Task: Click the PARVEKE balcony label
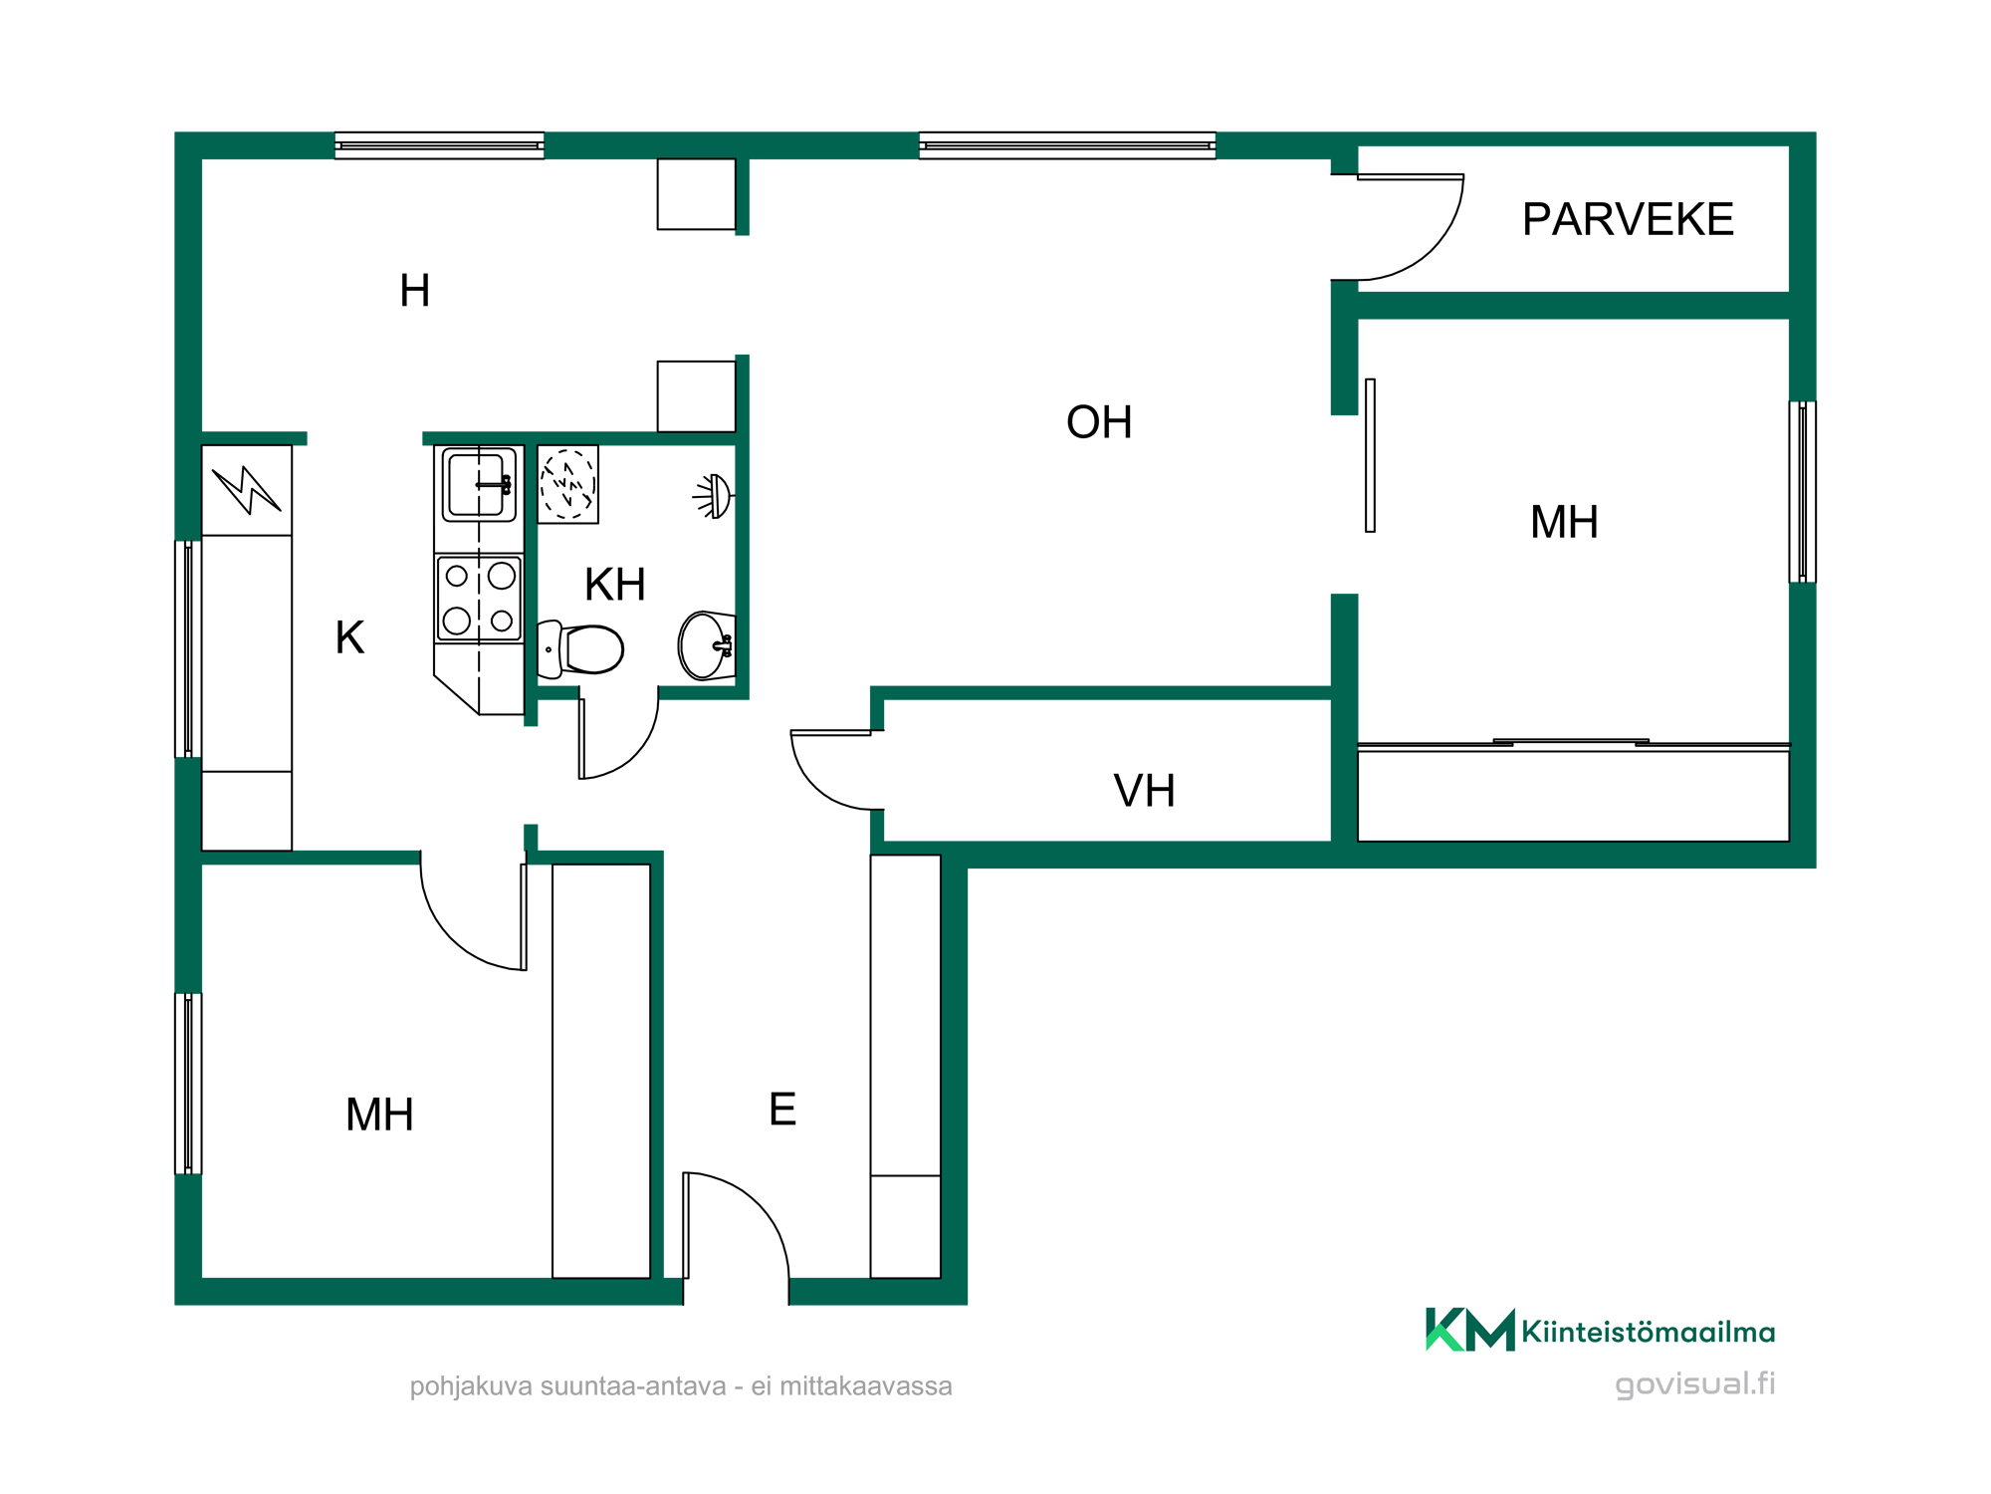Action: point(1628,219)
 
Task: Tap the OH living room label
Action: point(1099,422)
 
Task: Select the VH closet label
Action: point(1144,791)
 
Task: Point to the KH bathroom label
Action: point(615,585)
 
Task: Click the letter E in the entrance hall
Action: point(782,1109)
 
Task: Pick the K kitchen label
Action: point(349,637)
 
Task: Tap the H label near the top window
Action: point(414,291)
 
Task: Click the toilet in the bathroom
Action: point(580,649)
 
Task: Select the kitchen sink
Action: point(479,485)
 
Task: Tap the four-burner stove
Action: point(479,598)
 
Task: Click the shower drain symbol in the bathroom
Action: point(567,484)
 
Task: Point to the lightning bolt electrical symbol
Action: point(246,490)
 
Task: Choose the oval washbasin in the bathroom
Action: point(707,645)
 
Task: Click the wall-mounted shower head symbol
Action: point(715,495)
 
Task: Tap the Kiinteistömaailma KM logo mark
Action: point(1470,1330)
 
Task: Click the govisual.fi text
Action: point(1694,1383)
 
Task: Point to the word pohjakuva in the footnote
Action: point(471,1387)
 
